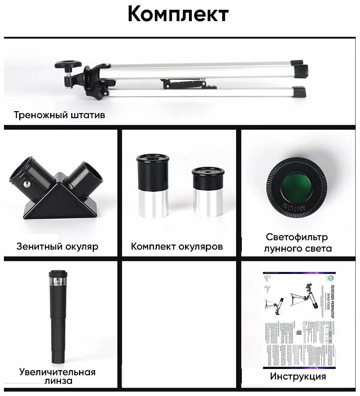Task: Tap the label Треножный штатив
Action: click(x=59, y=115)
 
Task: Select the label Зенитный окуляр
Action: click(x=57, y=247)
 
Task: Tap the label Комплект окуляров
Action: click(x=177, y=247)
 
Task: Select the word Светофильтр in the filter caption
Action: click(x=297, y=237)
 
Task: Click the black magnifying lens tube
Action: click(x=57, y=317)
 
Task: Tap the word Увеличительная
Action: click(x=58, y=371)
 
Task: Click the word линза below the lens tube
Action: click(x=58, y=381)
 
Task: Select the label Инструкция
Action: click(x=298, y=376)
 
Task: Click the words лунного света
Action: click(x=298, y=248)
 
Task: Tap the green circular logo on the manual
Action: click(x=330, y=278)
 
